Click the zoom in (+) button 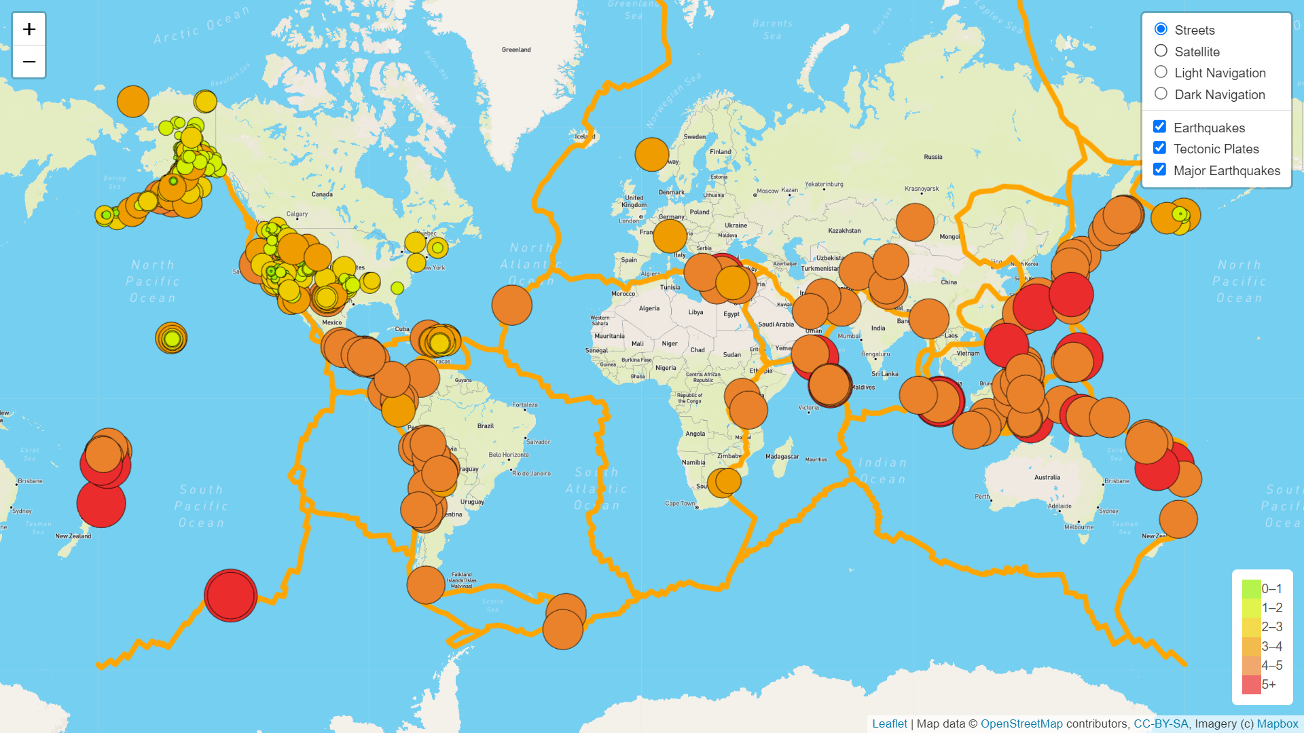pyautogui.click(x=29, y=29)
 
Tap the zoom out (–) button pyautogui.click(x=29, y=62)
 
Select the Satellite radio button pyautogui.click(x=1161, y=51)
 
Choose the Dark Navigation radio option pyautogui.click(x=1161, y=94)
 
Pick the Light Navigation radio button pyautogui.click(x=1161, y=72)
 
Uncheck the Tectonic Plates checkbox pyautogui.click(x=1159, y=148)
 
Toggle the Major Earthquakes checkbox pyautogui.click(x=1159, y=170)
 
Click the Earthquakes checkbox pyautogui.click(x=1159, y=127)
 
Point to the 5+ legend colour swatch pyautogui.click(x=1251, y=684)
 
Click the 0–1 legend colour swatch pyautogui.click(x=1251, y=588)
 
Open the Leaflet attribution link pyautogui.click(x=889, y=723)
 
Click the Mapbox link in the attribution pyautogui.click(x=1277, y=723)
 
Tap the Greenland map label pyautogui.click(x=516, y=50)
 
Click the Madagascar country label pyautogui.click(x=782, y=457)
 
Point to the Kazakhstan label pyautogui.click(x=844, y=231)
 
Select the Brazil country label pyautogui.click(x=486, y=426)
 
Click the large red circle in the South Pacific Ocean pyautogui.click(x=231, y=595)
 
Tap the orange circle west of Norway pyautogui.click(x=652, y=155)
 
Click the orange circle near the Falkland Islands pyautogui.click(x=426, y=584)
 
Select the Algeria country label pyautogui.click(x=649, y=309)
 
